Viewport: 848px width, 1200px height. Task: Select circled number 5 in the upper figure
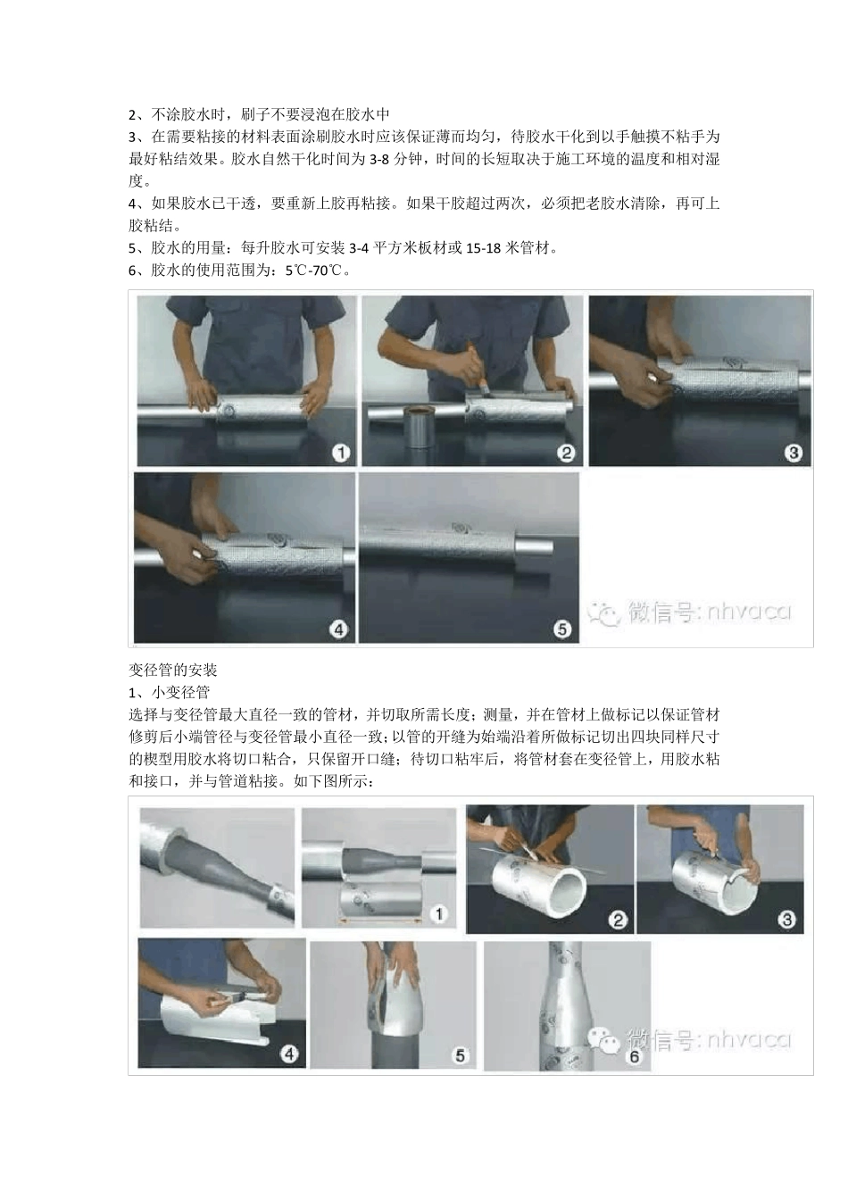coord(561,629)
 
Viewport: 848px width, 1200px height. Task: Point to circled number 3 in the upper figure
coord(793,453)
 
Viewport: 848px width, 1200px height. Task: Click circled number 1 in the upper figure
coord(340,453)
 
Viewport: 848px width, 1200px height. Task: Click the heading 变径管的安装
coord(173,670)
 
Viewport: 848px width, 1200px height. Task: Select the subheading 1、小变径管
coord(170,692)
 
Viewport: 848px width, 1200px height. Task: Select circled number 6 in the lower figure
coord(635,1056)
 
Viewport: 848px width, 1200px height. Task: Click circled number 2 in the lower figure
coord(618,920)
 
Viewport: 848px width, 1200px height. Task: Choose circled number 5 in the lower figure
coord(460,1055)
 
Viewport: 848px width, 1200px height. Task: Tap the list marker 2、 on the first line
coord(136,114)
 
